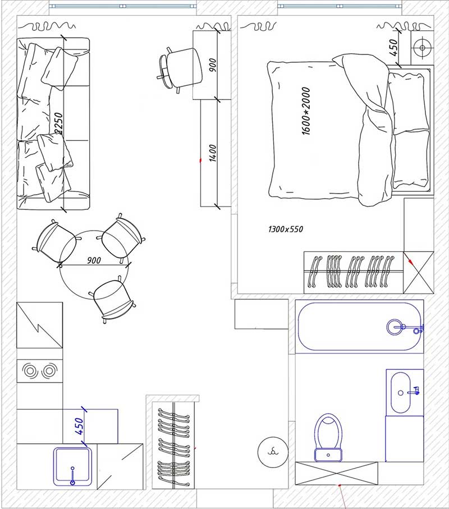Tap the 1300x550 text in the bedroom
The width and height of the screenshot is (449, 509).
(285, 229)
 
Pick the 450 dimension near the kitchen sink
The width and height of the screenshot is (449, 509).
(79, 426)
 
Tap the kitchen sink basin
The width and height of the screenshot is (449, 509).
(71, 466)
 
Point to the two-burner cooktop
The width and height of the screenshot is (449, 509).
(39, 370)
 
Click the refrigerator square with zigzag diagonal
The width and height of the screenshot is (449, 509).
(39, 325)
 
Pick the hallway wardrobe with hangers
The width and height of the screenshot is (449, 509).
(173, 444)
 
